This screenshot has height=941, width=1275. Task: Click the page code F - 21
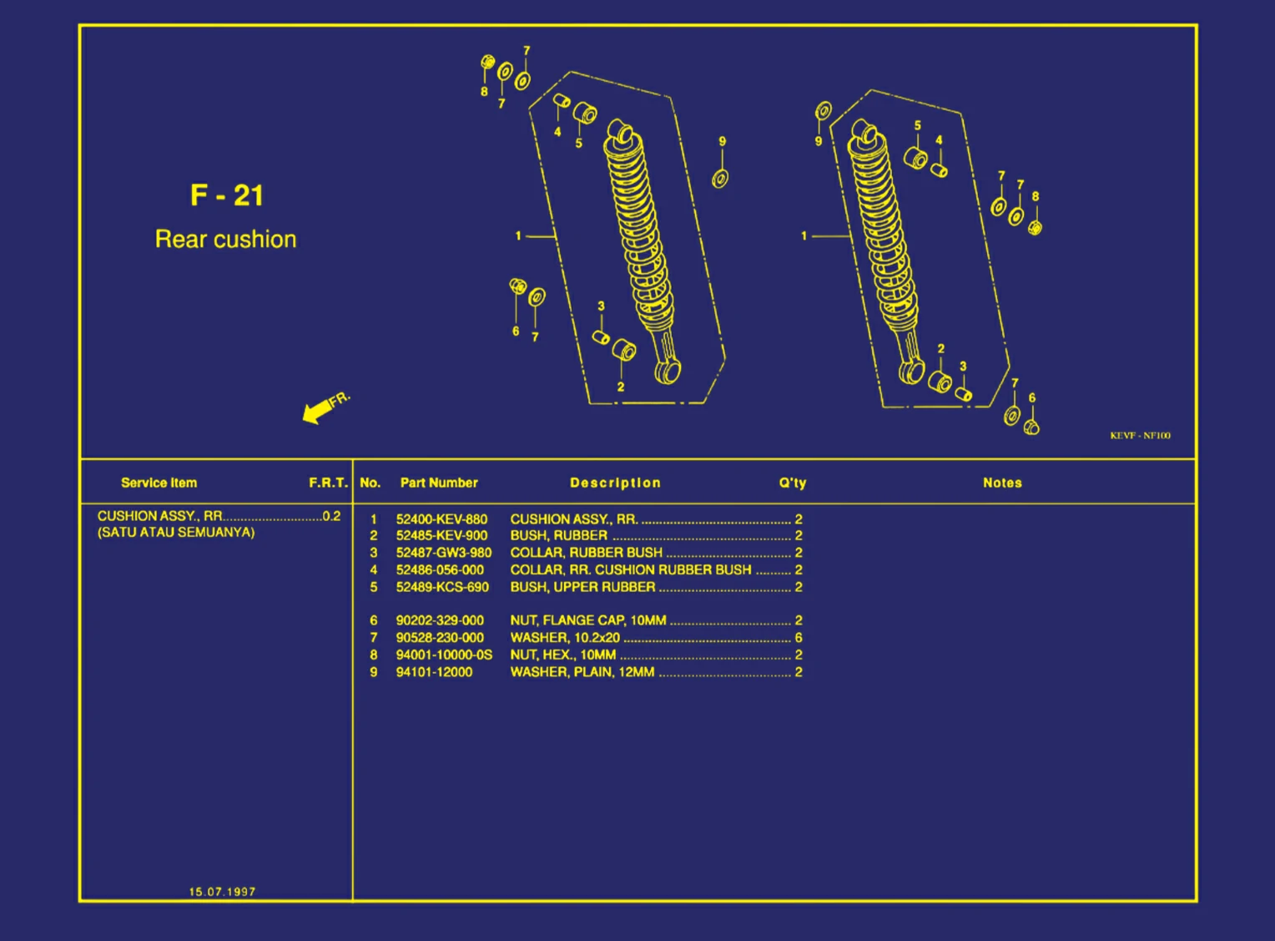(226, 195)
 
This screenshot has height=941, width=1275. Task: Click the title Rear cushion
(225, 240)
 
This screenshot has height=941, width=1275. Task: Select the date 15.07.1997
(222, 892)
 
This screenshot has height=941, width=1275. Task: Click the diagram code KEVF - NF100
(1140, 435)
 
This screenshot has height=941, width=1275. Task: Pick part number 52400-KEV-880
(441, 519)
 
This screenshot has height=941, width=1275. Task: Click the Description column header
(615, 483)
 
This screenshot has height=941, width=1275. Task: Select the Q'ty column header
(792, 483)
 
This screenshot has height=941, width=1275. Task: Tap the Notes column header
(1001, 483)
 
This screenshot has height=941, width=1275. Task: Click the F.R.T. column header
(328, 483)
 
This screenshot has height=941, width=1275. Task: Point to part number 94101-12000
(434, 672)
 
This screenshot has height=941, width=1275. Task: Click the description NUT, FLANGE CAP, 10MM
(588, 620)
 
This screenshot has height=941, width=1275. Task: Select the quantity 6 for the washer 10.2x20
(799, 638)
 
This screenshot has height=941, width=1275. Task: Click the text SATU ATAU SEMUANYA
(176, 533)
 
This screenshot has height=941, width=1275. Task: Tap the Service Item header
(159, 483)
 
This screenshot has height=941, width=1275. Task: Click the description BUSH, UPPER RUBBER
(582, 587)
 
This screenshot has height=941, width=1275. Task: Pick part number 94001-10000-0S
(444, 655)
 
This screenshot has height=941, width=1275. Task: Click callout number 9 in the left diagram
(723, 142)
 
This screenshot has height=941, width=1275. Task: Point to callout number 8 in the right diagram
(1036, 197)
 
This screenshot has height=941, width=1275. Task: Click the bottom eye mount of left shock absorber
(668, 372)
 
